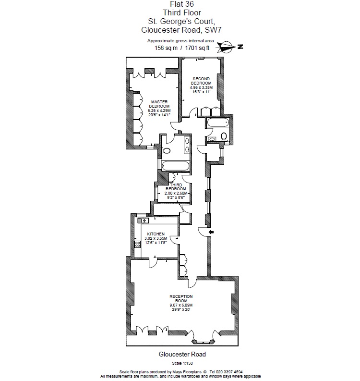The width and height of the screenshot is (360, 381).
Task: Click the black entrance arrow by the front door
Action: [x=212, y=233]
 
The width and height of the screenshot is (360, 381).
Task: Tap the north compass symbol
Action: [x=228, y=47]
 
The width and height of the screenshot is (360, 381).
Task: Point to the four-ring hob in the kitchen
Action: [x=138, y=244]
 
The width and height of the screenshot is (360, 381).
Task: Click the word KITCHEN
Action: [x=156, y=234]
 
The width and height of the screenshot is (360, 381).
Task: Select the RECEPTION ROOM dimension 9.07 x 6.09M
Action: [x=180, y=305]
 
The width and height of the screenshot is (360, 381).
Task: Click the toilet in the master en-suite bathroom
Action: [x=167, y=150]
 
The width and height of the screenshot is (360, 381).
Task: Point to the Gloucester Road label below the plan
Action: [x=182, y=355]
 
